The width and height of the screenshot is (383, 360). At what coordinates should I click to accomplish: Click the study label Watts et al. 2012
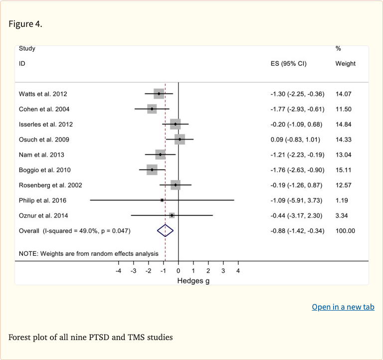[43, 94]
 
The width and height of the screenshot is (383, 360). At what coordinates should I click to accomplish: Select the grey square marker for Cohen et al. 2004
[152, 109]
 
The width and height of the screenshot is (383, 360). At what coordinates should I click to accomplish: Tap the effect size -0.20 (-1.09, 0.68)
[296, 124]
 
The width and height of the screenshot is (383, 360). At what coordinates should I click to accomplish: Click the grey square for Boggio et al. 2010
[152, 170]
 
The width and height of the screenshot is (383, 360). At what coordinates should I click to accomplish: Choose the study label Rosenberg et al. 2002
[50, 185]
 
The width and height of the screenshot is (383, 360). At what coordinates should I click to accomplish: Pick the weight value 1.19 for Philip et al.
[343, 200]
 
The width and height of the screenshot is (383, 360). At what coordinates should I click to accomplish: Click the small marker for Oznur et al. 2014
[172, 215]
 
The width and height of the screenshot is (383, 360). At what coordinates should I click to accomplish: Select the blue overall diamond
[165, 230]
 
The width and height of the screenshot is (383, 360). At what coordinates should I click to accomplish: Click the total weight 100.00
[346, 231]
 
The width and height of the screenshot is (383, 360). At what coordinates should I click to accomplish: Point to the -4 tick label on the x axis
[118, 271]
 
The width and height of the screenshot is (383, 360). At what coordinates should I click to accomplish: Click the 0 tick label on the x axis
[179, 271]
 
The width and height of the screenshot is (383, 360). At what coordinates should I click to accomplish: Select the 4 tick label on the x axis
[238, 271]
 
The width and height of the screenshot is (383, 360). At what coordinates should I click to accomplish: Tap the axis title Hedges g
[193, 281]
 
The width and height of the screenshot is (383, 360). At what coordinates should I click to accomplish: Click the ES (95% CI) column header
[288, 64]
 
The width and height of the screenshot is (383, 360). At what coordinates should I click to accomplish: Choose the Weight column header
[346, 64]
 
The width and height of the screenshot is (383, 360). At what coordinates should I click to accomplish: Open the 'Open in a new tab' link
[343, 307]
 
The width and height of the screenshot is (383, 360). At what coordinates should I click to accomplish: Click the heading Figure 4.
[25, 24]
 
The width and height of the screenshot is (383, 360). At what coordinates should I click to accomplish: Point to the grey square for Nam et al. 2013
[160, 155]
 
